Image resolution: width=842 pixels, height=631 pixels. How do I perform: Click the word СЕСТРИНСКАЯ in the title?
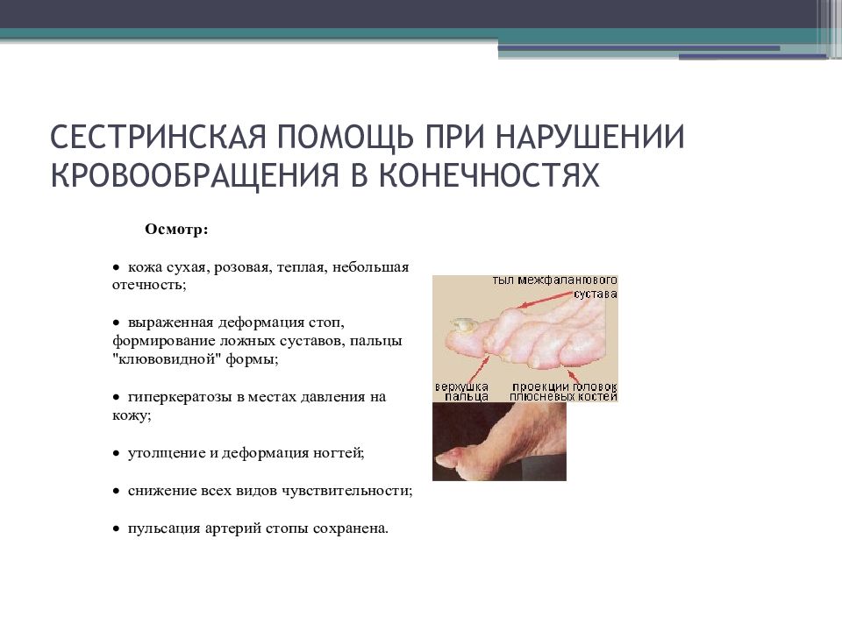tap(159, 137)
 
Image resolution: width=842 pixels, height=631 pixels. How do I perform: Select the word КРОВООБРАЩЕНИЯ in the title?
tap(195, 174)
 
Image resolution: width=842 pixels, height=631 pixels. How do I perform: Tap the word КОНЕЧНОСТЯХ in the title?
tap(489, 174)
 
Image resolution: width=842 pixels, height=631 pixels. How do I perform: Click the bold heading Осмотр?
tap(176, 230)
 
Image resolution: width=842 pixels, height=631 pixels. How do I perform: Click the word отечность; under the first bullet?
tap(149, 284)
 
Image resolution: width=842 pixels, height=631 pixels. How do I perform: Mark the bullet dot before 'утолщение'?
tap(116, 454)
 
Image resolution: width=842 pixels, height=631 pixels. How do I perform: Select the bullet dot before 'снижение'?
tap(116, 492)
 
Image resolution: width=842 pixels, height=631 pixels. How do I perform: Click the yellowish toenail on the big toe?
tap(462, 324)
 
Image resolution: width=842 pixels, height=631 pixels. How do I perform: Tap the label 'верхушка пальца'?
tap(462, 392)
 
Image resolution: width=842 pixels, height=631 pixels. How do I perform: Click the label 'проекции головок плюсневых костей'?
tap(563, 392)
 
